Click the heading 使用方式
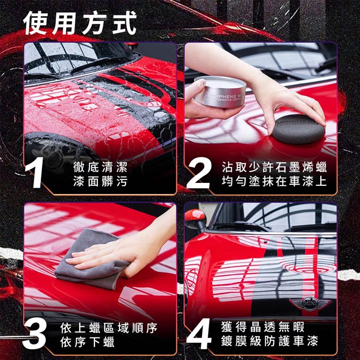point(80,23)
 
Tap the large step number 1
point(35,173)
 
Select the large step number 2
point(199,173)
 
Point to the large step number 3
point(35,334)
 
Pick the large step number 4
point(199,334)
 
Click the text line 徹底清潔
point(100,167)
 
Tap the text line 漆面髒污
point(100,181)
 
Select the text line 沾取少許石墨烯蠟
point(274,167)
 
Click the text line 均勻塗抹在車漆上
point(274,181)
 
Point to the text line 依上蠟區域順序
point(109,328)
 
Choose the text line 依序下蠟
point(87,342)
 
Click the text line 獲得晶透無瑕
point(263,327)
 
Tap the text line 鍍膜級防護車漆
point(270,341)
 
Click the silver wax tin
point(220,92)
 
